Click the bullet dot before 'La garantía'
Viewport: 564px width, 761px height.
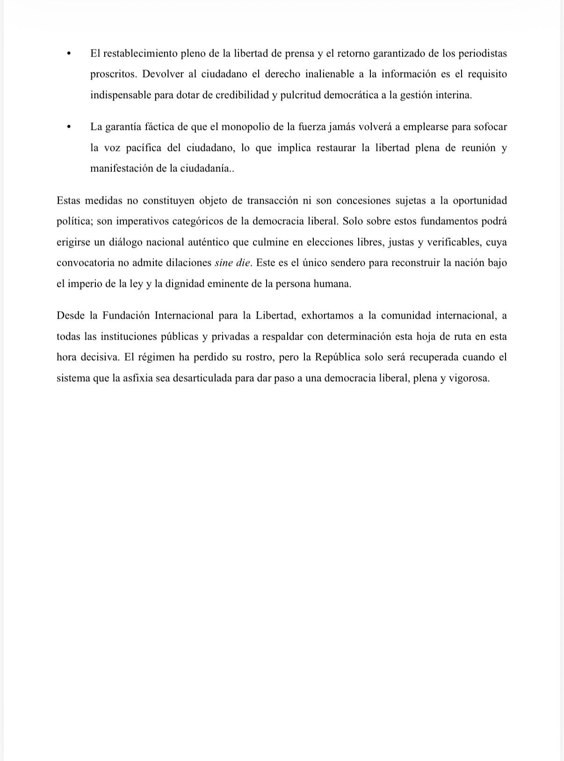(x=69, y=127)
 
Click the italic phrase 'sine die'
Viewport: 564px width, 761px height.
(x=232, y=263)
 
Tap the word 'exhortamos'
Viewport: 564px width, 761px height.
(x=327, y=315)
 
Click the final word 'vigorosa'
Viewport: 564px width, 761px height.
(x=469, y=378)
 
